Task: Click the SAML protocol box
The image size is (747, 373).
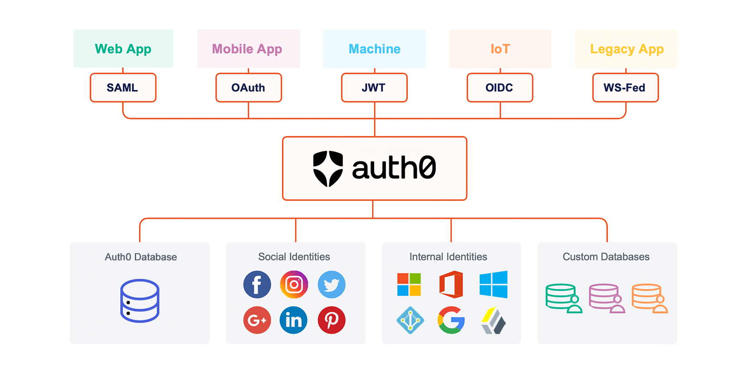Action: (x=123, y=88)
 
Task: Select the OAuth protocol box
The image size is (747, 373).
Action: (x=248, y=88)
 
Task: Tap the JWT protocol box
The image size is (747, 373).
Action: (x=374, y=88)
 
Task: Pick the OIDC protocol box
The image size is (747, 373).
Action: (x=499, y=88)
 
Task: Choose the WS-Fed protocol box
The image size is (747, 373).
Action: (x=625, y=88)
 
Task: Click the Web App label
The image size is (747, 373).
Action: (x=123, y=49)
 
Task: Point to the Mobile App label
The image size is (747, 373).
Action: (x=247, y=49)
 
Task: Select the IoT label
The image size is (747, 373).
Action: (x=500, y=49)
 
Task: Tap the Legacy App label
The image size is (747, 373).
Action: (x=626, y=49)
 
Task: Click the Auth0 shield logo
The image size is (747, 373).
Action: (x=328, y=168)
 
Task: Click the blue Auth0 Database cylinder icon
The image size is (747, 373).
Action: (x=140, y=301)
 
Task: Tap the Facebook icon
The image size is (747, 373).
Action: (x=257, y=285)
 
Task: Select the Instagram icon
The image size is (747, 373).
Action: (x=294, y=285)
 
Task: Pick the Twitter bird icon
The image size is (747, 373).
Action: (x=331, y=285)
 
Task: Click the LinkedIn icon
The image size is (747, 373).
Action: (x=294, y=320)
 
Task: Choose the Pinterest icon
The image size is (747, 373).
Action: (x=331, y=320)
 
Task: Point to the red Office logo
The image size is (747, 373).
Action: (x=451, y=285)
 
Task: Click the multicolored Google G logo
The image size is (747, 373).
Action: (x=451, y=320)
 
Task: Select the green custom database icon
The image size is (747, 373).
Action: (x=563, y=298)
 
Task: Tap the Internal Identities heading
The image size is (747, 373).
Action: (x=448, y=257)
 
